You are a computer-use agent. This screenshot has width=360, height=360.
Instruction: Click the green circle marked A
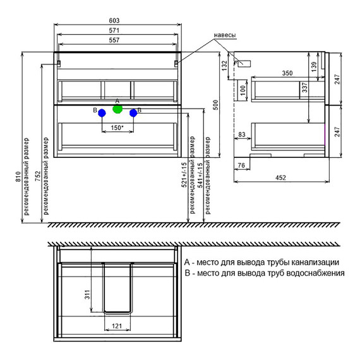(x=117, y=109)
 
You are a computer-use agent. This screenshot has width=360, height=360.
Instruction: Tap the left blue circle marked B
(x=102, y=113)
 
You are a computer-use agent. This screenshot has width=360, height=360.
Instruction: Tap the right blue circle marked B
(x=133, y=113)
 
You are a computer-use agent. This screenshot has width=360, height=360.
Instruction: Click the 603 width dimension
(x=114, y=21)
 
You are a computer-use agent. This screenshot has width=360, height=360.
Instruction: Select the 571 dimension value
(x=114, y=30)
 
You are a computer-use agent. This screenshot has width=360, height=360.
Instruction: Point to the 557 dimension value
(x=114, y=40)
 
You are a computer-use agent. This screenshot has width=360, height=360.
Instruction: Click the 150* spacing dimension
(x=117, y=128)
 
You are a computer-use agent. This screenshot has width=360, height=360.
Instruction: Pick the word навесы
(x=225, y=35)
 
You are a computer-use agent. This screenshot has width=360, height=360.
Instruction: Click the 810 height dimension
(x=18, y=177)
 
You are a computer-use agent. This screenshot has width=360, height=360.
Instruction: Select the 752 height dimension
(x=38, y=176)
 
